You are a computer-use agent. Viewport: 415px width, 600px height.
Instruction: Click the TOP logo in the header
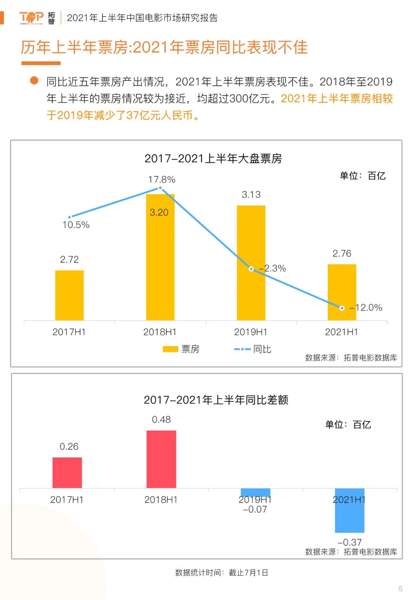click(32, 18)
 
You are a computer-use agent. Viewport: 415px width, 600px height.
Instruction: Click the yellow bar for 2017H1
click(70, 295)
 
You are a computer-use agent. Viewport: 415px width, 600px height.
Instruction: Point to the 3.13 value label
click(251, 195)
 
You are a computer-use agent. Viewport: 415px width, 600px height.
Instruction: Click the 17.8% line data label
click(162, 180)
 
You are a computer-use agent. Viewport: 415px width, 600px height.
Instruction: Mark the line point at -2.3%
click(251, 269)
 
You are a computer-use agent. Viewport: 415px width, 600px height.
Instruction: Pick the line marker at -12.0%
click(342, 308)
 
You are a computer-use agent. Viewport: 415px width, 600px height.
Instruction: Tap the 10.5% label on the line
click(76, 225)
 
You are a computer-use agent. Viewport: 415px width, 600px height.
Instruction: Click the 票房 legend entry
click(181, 349)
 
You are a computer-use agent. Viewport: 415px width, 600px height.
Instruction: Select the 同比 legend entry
click(252, 349)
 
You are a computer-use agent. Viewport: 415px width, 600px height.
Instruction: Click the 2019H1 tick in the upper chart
click(251, 332)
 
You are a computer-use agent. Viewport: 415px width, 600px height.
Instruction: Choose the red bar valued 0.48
click(161, 459)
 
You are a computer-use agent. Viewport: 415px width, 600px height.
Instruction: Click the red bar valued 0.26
click(67, 473)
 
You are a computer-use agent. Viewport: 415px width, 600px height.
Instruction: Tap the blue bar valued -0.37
click(349, 511)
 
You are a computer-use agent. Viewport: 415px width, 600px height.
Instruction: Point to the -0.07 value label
click(255, 510)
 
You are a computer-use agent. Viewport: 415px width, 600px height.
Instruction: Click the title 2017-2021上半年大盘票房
click(213, 159)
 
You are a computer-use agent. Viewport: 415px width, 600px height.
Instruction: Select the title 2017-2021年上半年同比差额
click(216, 400)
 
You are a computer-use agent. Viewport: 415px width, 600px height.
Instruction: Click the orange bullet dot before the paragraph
click(34, 80)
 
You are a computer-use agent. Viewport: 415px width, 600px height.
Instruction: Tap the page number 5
click(400, 589)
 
